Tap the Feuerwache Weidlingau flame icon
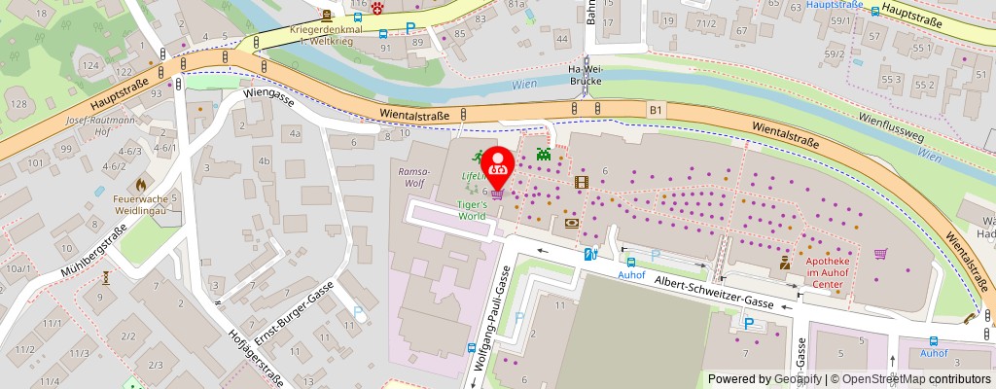[142, 182]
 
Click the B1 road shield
[657, 111]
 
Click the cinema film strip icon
[582, 181]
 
